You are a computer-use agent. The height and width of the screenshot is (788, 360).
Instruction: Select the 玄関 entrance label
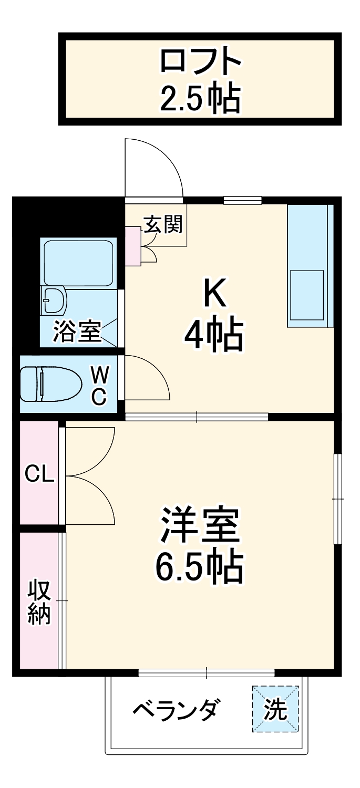coord(163,225)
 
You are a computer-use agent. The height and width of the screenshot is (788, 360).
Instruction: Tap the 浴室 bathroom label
coord(76,332)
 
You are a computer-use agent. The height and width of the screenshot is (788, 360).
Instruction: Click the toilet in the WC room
coord(50,385)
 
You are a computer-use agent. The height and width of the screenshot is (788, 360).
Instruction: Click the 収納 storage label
coord(39,602)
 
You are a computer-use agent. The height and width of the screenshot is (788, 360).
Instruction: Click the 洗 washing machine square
coord(275,710)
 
